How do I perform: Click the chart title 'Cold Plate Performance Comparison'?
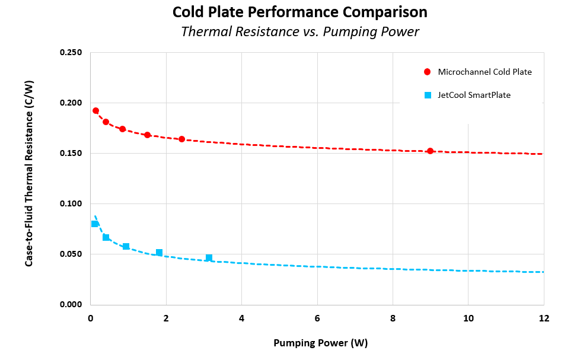pyautogui.click(x=299, y=12)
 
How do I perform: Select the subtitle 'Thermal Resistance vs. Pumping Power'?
pyautogui.click(x=299, y=32)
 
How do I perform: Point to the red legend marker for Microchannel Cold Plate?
pyautogui.click(x=427, y=72)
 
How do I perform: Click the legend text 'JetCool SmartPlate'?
pyautogui.click(x=474, y=95)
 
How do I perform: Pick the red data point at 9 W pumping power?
pyautogui.click(x=430, y=151)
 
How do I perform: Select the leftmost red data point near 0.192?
pyautogui.click(x=95, y=111)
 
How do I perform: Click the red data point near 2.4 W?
pyautogui.click(x=181, y=139)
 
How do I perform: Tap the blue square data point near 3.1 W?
pyautogui.click(x=209, y=258)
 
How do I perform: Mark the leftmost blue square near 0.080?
pyautogui.click(x=95, y=224)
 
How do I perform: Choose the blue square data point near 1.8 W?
pyautogui.click(x=159, y=253)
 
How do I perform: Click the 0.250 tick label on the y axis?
pyautogui.click(x=71, y=53)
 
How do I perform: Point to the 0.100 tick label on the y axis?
pyautogui.click(x=71, y=204)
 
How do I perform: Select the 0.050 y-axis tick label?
pyautogui.click(x=71, y=254)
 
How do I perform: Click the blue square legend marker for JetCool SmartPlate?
pyautogui.click(x=427, y=95)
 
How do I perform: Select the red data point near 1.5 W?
pyautogui.click(x=147, y=135)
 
